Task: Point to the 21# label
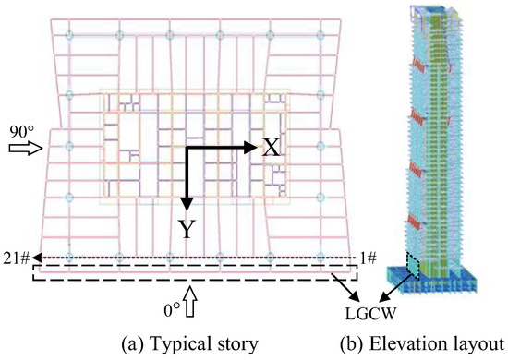15,259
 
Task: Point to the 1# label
368,259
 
